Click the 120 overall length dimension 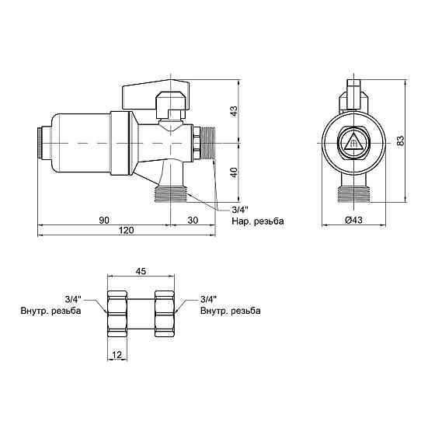click(126, 230)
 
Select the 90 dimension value click(104, 220)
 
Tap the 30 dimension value click(193, 220)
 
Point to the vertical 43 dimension click(234, 111)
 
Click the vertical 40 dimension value click(234, 172)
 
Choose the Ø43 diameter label click(353, 220)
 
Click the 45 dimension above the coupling click(141, 271)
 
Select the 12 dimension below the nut click(117, 354)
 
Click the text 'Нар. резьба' click(258, 221)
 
